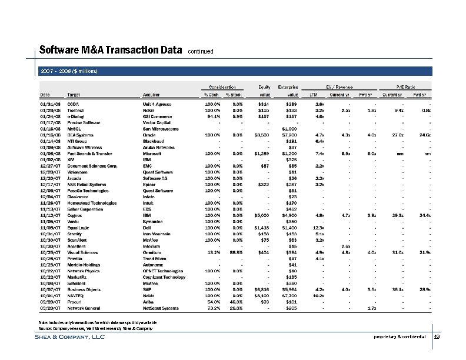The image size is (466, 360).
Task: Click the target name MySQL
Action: point(75,127)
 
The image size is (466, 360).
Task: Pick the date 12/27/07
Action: point(49,164)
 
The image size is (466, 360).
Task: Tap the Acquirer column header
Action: point(152,94)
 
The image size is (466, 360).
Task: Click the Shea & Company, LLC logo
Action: point(70,337)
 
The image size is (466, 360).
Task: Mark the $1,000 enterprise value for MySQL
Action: point(289,127)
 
